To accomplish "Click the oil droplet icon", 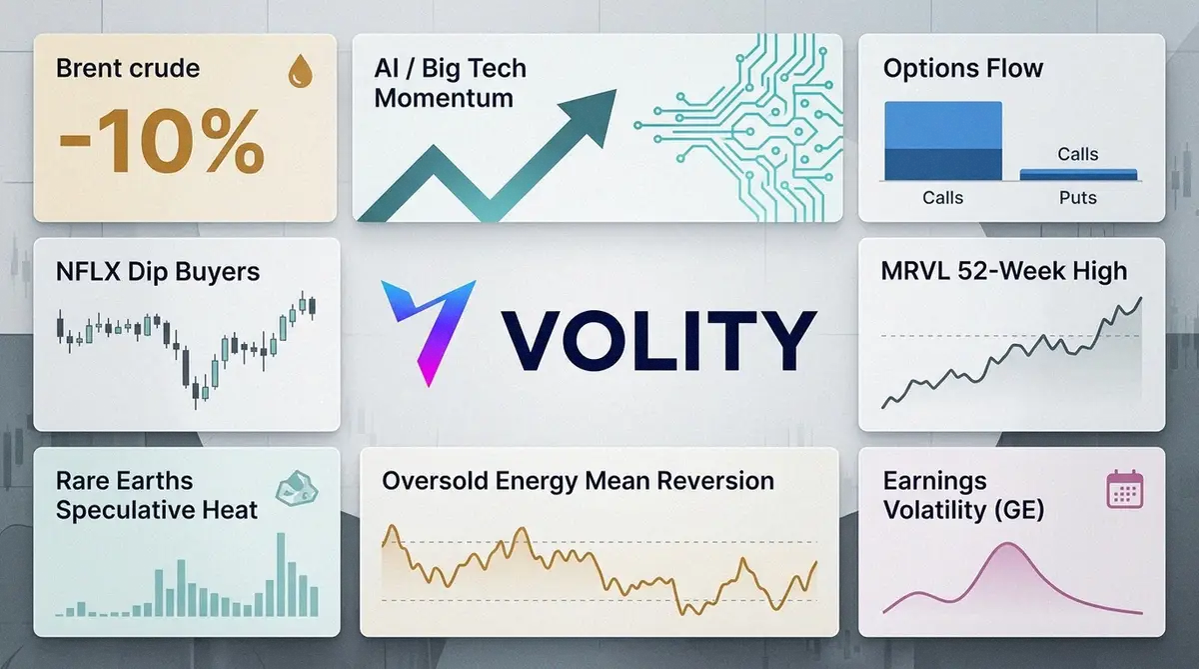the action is click(x=301, y=71).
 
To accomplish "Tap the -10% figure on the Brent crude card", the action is click(x=161, y=141).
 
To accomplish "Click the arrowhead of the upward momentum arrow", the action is click(x=591, y=115).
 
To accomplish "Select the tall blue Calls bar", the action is click(x=943, y=141).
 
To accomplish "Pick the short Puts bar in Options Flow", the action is click(x=1078, y=175).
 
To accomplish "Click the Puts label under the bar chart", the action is click(x=1078, y=198).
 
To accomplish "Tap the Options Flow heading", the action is click(x=963, y=69).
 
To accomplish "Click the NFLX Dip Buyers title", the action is click(x=158, y=272).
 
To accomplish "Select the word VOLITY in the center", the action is click(x=659, y=340).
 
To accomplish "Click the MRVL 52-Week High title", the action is click(x=1003, y=271).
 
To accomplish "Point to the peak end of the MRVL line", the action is click(x=1141, y=298).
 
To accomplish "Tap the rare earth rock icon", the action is click(x=297, y=488).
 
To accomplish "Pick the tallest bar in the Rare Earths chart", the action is click(x=281, y=574).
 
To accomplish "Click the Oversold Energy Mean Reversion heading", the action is click(x=579, y=480).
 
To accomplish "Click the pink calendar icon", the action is click(x=1125, y=489).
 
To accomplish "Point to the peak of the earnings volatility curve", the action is click(x=1008, y=544).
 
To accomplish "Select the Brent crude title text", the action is click(x=128, y=69).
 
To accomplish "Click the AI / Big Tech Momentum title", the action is click(x=451, y=83).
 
